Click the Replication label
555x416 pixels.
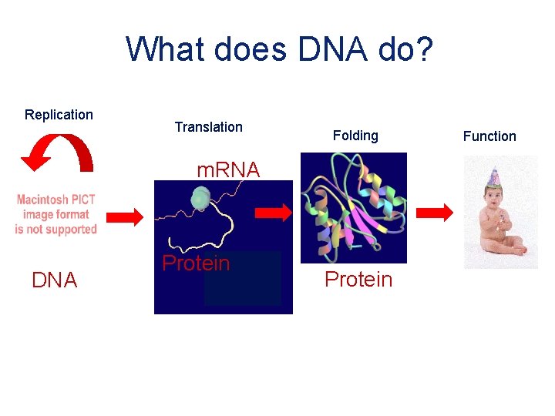pyautogui.click(x=59, y=115)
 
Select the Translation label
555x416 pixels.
pyautogui.click(x=208, y=127)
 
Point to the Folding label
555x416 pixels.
pyautogui.click(x=355, y=136)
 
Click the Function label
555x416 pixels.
pyautogui.click(x=489, y=136)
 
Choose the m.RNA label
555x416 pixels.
pyautogui.click(x=228, y=169)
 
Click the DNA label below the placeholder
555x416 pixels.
pyautogui.click(x=55, y=281)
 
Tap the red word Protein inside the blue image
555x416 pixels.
pyautogui.click(x=196, y=263)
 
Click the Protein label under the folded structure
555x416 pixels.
pyautogui.click(x=358, y=280)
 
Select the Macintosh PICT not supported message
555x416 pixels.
pyautogui.click(x=56, y=215)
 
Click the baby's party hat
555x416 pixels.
pyautogui.click(x=493, y=177)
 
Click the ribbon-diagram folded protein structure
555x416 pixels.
pyautogui.click(x=353, y=207)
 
